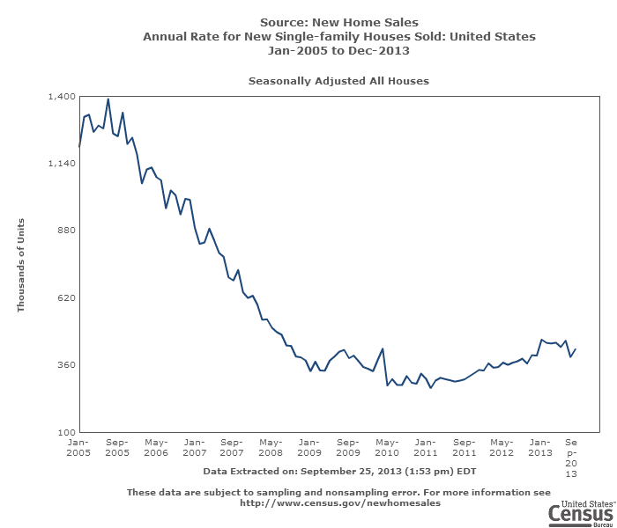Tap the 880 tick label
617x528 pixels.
pyautogui.click(x=65, y=231)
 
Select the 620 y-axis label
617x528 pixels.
pyautogui.click(x=65, y=298)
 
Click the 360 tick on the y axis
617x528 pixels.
pyautogui.click(x=65, y=365)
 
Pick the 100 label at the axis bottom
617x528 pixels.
pyautogui.click(x=65, y=432)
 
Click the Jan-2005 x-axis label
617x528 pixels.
pyautogui.click(x=78, y=447)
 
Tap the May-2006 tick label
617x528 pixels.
pyautogui.click(x=156, y=447)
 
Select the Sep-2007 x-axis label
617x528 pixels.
pyautogui.click(x=232, y=447)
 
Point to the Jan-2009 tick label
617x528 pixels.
pyautogui.click(x=309, y=447)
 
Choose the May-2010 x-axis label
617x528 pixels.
pyautogui.click(x=387, y=447)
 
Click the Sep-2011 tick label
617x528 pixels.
pyautogui.click(x=464, y=447)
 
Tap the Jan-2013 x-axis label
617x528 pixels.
pyautogui.click(x=540, y=447)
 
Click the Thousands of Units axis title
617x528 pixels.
pyautogui.click(x=21, y=264)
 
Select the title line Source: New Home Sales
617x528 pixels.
pyautogui.click(x=339, y=22)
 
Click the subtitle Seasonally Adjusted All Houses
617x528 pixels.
pyautogui.click(x=338, y=81)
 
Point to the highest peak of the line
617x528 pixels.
pyautogui.click(x=108, y=99)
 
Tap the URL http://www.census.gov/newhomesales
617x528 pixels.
pyautogui.click(x=340, y=504)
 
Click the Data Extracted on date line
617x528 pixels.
pyautogui.click(x=339, y=471)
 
